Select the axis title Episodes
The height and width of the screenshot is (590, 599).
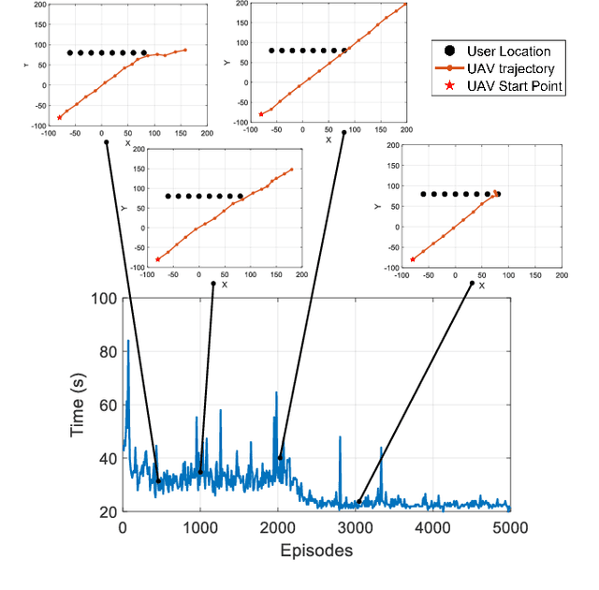316,551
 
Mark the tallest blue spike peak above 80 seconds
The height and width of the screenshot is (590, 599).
128,341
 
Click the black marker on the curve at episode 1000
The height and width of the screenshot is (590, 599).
200,472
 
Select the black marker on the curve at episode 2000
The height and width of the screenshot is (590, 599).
279,458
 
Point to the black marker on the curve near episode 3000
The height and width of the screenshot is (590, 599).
359,502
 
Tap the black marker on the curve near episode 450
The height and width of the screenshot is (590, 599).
158,481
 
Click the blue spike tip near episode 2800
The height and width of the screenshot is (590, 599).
340,436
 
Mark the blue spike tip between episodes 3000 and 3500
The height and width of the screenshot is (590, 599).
381,448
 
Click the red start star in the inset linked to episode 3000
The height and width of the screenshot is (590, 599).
413,259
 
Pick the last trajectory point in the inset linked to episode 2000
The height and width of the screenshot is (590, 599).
406,3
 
